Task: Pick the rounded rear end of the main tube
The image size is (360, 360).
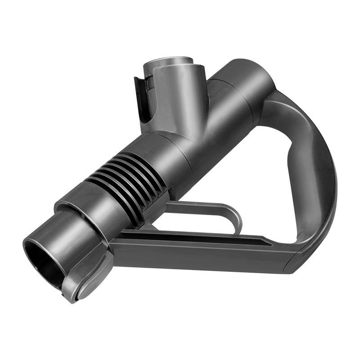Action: (x=252, y=76)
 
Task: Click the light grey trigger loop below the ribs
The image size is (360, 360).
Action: (x=202, y=207)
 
